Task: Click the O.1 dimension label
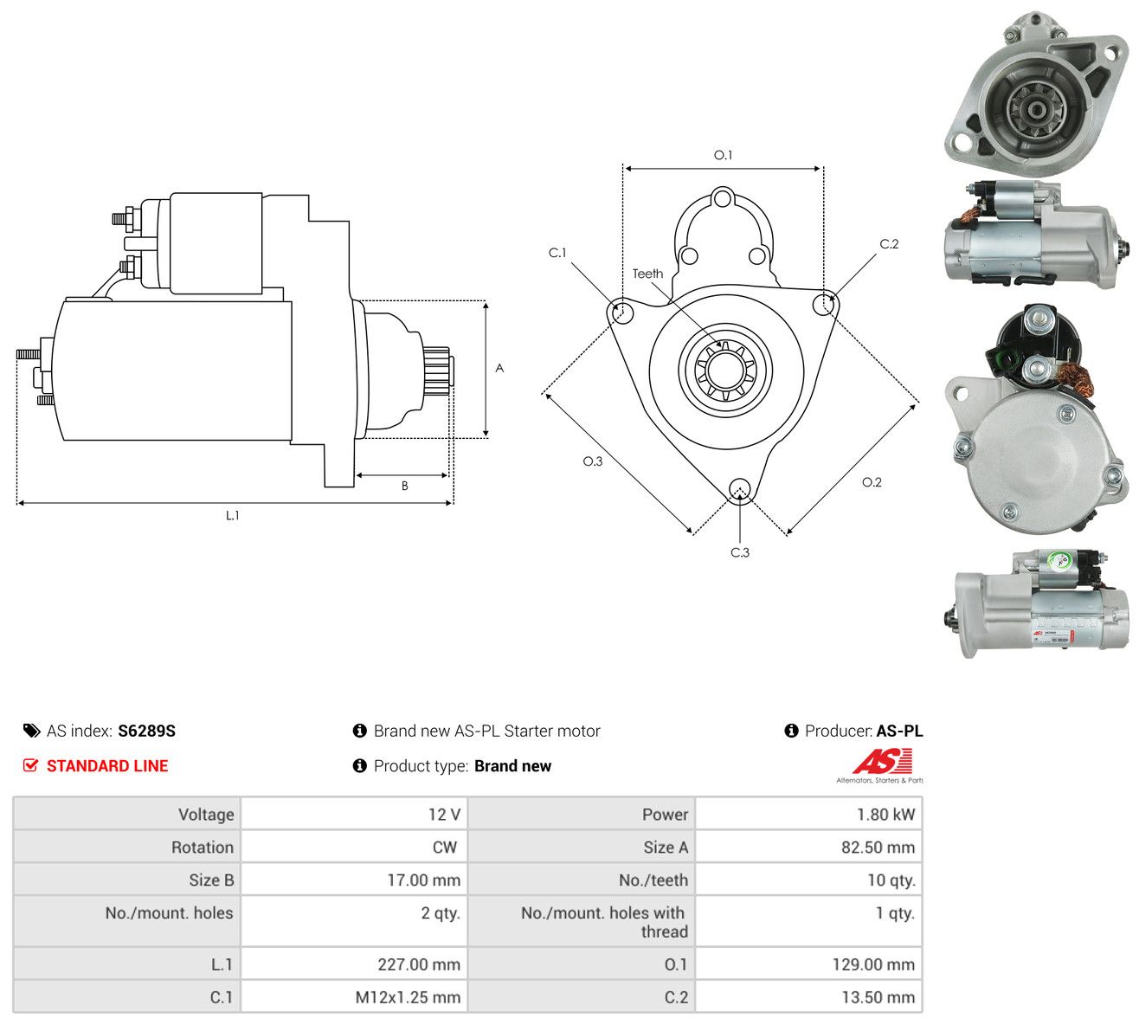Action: pos(722,155)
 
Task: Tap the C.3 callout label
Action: pos(739,552)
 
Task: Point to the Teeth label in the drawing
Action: pos(647,274)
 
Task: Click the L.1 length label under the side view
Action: pos(232,515)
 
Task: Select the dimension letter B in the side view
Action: pos(404,486)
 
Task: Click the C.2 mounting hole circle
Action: pos(823,305)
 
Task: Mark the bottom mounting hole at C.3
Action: pos(739,488)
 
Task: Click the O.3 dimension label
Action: pos(593,461)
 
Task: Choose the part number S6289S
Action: pos(146,731)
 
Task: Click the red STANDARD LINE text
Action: pos(107,766)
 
